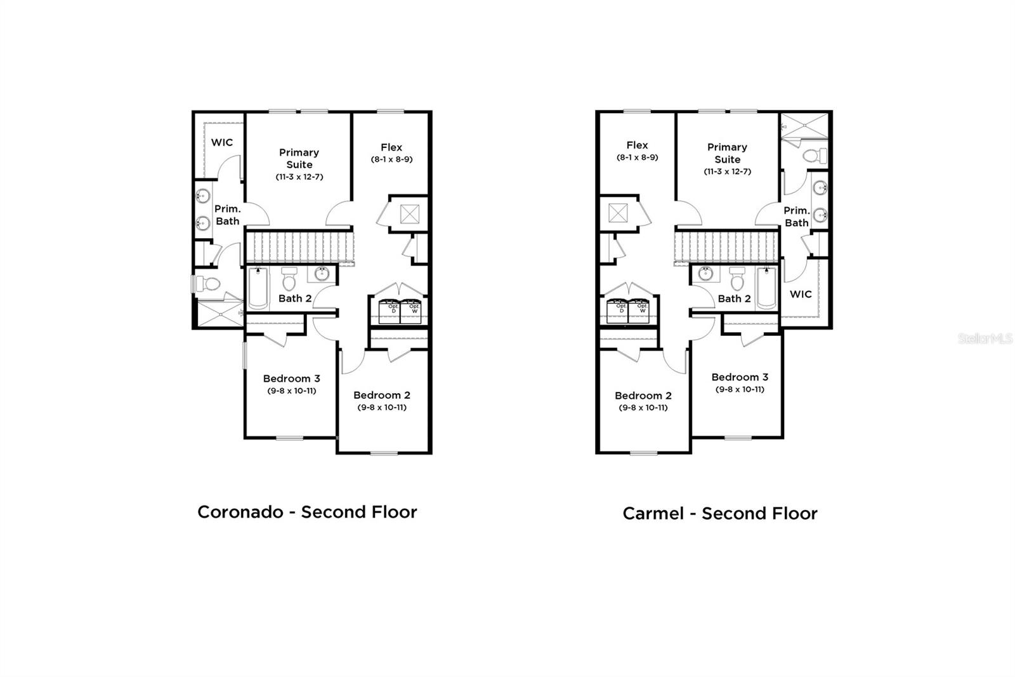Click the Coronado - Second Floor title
tap(307, 512)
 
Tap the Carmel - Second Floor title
tap(719, 513)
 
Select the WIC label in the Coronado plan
tap(222, 142)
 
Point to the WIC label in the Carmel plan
tap(801, 294)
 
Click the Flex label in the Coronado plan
tap(391, 147)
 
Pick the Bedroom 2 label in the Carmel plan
tap(643, 396)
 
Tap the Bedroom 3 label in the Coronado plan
tap(292, 379)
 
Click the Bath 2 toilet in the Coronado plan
tap(289, 278)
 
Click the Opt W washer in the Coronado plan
tap(414, 310)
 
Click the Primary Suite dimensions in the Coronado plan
tap(299, 177)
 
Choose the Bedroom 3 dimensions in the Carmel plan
tap(740, 389)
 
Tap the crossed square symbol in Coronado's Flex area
tap(410, 214)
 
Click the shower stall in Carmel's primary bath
tap(804, 124)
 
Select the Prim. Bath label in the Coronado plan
tap(227, 215)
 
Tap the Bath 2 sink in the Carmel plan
tap(705, 274)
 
